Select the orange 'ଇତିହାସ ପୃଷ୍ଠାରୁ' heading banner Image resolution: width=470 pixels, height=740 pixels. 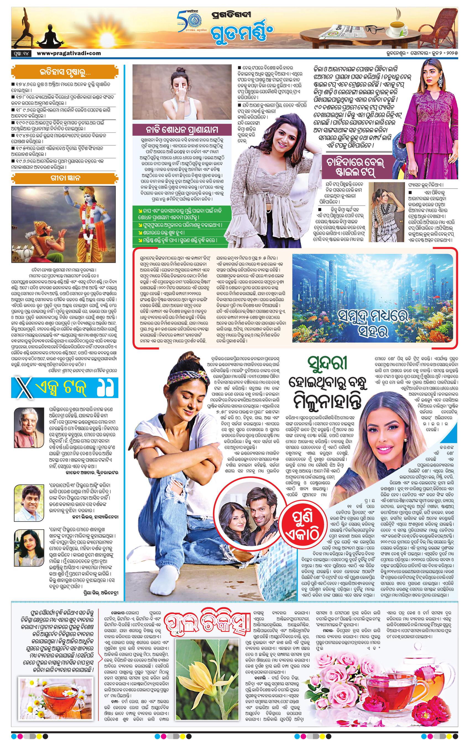coord(64,73)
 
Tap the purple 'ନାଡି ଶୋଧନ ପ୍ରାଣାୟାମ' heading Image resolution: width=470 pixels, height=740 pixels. coord(182,129)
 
